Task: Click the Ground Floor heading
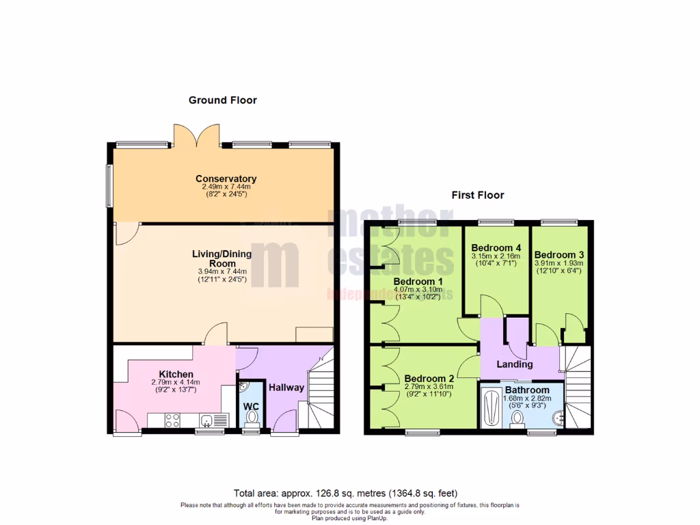pyautogui.click(x=223, y=100)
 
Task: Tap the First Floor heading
pyautogui.click(x=478, y=195)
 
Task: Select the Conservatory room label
pyautogui.click(x=226, y=179)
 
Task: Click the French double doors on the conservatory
pyautogui.click(x=197, y=135)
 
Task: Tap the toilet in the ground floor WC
pyautogui.click(x=252, y=416)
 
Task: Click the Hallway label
pyautogui.click(x=286, y=388)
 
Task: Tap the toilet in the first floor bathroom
pyautogui.click(x=517, y=418)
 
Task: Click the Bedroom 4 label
pyautogui.click(x=496, y=247)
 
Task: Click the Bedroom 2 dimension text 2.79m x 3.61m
pyautogui.click(x=429, y=386)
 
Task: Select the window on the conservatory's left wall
pyautogui.click(x=109, y=185)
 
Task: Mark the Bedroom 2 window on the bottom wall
pyautogui.click(x=423, y=432)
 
